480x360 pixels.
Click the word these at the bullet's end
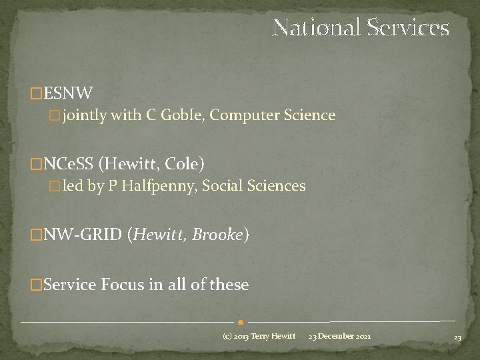point(229,285)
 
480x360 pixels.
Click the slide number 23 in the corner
point(457,338)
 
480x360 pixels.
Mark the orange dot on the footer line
point(239,322)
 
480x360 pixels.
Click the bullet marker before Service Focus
point(37,286)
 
